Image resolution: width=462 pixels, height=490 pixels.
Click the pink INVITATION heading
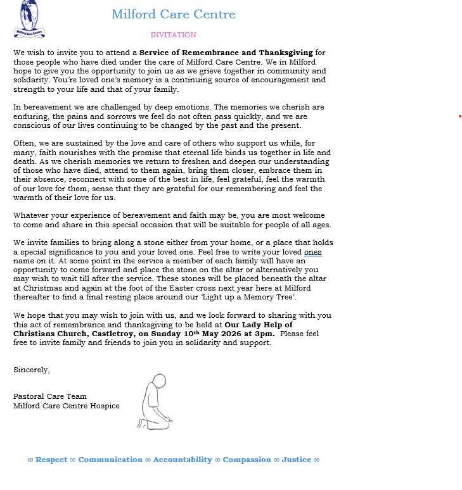(x=173, y=35)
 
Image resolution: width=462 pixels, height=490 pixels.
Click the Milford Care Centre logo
(x=29, y=19)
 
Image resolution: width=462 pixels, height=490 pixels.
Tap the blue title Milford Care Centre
(x=173, y=14)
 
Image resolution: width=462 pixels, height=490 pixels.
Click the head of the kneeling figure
(x=159, y=381)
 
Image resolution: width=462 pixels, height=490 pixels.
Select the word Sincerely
(x=32, y=370)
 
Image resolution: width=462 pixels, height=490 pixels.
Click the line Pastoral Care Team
(x=50, y=396)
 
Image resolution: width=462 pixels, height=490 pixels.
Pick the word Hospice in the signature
(x=105, y=406)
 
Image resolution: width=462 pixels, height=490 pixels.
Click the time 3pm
(x=266, y=334)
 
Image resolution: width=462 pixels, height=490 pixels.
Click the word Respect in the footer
(x=51, y=460)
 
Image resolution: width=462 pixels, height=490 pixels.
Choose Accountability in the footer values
(x=183, y=460)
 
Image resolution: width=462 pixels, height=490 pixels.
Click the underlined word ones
(x=312, y=251)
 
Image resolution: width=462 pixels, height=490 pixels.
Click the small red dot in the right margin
(x=460, y=116)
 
